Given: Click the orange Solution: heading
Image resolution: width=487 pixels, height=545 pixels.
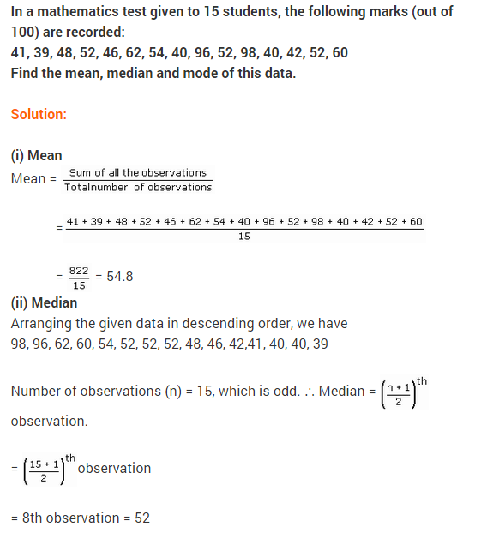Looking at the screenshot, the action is (39, 114).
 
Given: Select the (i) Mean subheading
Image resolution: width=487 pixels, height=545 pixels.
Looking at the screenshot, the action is (36, 155).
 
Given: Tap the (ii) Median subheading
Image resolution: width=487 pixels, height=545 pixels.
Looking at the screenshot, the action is (44, 302).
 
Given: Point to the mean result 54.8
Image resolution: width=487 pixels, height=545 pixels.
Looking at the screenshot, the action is (119, 276).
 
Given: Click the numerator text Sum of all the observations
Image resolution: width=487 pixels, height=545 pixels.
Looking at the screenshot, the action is (138, 172).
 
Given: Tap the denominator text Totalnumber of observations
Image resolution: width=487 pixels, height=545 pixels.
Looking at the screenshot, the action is (138, 187).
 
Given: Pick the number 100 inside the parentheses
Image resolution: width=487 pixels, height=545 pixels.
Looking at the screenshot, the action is (25, 33).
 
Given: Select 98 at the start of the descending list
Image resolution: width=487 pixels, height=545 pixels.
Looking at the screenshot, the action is (20, 344).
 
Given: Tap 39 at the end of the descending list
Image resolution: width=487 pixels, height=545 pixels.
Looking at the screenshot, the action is (318, 344).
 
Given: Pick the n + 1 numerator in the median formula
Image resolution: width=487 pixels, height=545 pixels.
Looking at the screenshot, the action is (396, 386).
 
